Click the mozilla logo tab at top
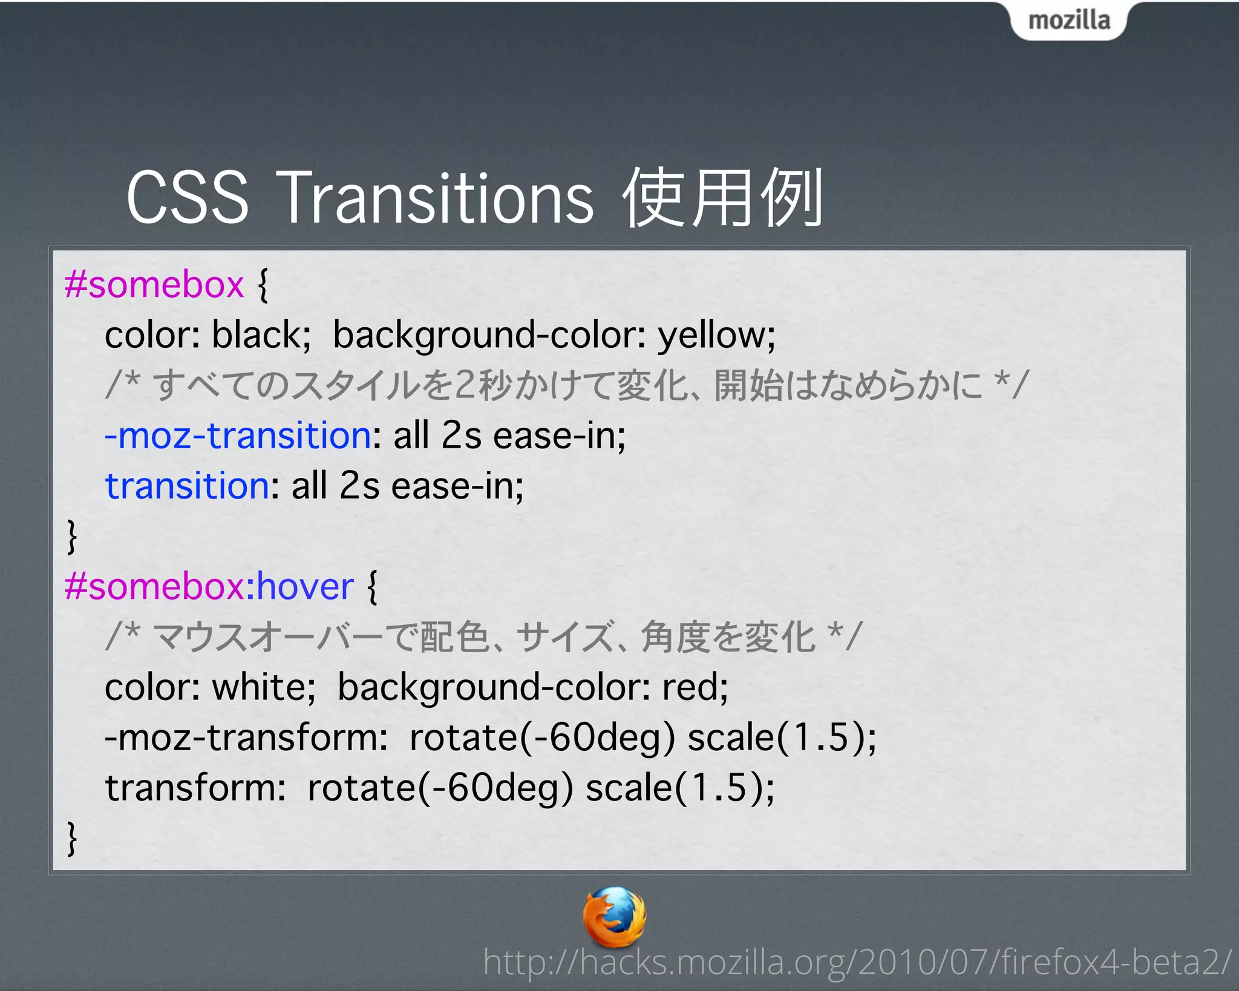coord(1068,21)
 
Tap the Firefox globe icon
coord(615,916)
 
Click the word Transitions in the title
coord(437,198)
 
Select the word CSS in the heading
coord(188,198)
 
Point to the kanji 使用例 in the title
coord(723,198)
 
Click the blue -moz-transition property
coord(238,436)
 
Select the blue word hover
coord(306,586)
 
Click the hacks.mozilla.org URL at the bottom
coord(857,961)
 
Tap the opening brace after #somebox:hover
coord(372,586)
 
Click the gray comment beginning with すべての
coord(566,385)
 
